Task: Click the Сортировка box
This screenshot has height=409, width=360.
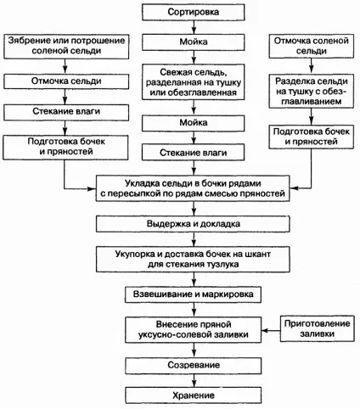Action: coord(194,12)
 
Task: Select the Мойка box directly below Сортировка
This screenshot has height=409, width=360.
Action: coord(194,42)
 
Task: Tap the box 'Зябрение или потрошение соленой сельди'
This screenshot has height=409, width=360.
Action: coord(66,47)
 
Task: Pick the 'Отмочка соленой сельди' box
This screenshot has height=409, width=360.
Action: coord(311,46)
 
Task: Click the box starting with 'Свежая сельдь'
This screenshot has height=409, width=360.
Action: coord(194,82)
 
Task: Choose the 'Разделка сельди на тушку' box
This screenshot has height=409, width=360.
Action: coord(311,91)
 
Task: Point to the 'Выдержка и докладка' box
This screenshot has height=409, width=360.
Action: coord(193,224)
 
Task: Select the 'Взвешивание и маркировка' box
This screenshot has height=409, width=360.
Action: coord(193,294)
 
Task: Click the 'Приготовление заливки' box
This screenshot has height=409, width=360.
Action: coord(317,328)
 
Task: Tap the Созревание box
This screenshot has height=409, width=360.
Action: coord(193,366)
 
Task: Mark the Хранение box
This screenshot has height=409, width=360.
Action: coord(193,395)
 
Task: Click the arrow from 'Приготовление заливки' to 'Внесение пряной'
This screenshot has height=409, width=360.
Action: coord(271,330)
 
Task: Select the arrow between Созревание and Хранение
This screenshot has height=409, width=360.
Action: coord(194,380)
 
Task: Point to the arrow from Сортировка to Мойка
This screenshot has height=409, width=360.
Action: coord(194,27)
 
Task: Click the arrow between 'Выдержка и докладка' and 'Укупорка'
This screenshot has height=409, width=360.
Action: coord(194,239)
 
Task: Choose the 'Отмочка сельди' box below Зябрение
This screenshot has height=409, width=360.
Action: coord(66,81)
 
